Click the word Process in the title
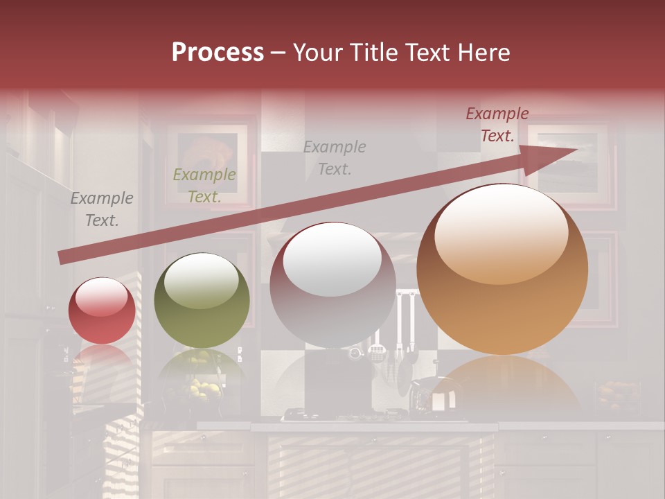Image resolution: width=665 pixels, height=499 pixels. click(x=218, y=53)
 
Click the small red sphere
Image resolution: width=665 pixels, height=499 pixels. click(x=102, y=310)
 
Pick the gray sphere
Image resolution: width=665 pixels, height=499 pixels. click(x=332, y=285)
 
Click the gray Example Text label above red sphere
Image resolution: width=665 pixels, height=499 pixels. click(x=101, y=209)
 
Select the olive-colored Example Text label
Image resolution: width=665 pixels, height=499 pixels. click(x=204, y=186)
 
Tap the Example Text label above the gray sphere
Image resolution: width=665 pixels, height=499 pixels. click(x=335, y=157)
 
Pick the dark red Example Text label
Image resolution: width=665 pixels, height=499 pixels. click(x=497, y=125)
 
